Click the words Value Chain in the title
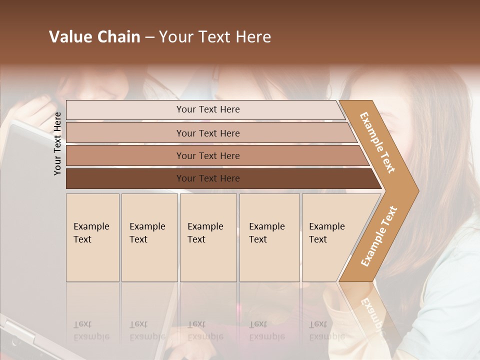click(94, 37)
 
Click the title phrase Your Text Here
click(215, 37)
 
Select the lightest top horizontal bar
click(125, 110)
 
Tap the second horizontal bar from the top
click(125, 133)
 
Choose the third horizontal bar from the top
click(125, 155)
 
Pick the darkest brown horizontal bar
click(125, 178)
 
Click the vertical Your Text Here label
click(57, 143)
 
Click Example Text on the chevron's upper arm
click(377, 142)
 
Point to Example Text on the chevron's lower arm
click(379, 236)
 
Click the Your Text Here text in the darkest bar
click(208, 178)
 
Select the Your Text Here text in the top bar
click(208, 109)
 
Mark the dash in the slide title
click(149, 37)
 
